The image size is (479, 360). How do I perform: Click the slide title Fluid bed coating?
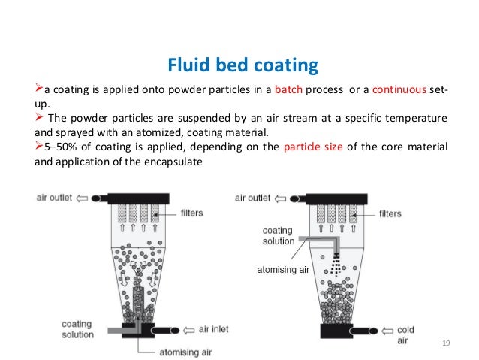tap(239, 67)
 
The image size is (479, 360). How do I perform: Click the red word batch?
tap(289, 92)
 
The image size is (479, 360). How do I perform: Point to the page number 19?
tap(446, 343)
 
